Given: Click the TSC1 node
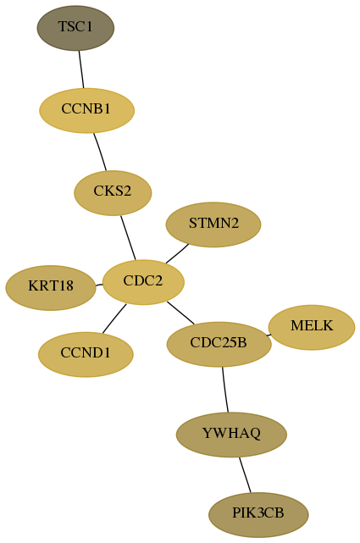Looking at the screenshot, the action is [75, 28].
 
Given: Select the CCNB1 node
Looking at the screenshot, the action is [86, 110].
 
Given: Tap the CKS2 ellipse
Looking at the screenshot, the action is [113, 193].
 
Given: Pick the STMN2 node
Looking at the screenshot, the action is [213, 224].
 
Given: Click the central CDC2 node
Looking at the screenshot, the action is [143, 282].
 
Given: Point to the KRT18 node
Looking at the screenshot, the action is [51, 288].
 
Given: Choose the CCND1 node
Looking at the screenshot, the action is [86, 354].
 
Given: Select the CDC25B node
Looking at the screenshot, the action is [219, 344].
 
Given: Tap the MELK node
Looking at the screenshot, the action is [312, 327].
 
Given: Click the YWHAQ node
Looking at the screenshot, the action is [231, 435].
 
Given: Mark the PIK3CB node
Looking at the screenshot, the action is [258, 514].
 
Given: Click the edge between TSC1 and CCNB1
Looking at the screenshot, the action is [81, 69].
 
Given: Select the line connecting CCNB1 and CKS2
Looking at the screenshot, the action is [100, 152].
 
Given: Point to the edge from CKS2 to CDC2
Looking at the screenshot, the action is [128, 238].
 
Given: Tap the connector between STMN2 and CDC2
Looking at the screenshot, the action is [177, 254].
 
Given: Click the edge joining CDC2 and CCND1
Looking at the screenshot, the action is [114, 319].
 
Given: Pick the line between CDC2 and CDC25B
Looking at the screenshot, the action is [180, 313].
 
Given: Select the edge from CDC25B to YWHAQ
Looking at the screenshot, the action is [225, 390].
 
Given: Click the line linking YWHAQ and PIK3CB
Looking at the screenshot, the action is [245, 474].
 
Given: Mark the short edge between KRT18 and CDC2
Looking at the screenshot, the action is [99, 285].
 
